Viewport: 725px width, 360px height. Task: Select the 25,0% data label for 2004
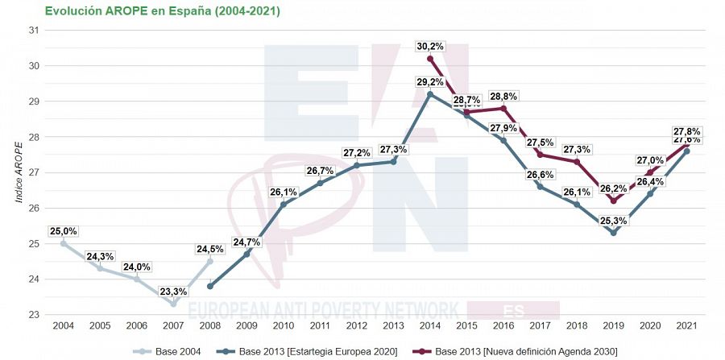pos(63,230)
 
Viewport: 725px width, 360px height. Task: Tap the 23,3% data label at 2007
pos(173,292)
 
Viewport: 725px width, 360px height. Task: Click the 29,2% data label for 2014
pos(430,81)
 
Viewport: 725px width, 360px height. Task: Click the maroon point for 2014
pos(430,59)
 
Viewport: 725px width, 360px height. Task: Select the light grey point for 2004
pos(63,243)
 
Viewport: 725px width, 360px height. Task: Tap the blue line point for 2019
pos(614,233)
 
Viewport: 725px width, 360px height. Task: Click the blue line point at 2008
pos(209,286)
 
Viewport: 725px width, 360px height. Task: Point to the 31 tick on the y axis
pos(34,30)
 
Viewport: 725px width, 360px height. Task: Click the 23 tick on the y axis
pos(34,315)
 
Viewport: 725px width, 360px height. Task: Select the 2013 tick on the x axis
pos(393,325)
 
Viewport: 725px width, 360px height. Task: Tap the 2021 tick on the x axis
pos(686,325)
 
